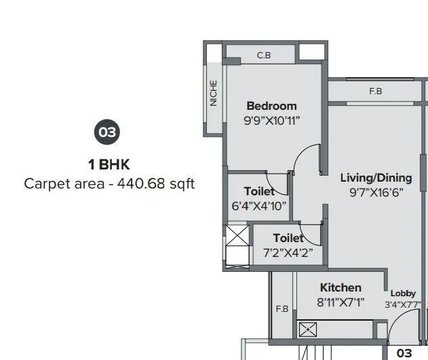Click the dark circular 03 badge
(108, 132)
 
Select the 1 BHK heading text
(109, 164)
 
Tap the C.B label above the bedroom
(264, 55)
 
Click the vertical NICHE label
(214, 94)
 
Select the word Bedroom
(271, 106)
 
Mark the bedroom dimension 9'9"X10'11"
(271, 121)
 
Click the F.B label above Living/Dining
(375, 91)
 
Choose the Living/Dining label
(376, 178)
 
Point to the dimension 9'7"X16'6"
(376, 193)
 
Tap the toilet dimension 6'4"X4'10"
(259, 206)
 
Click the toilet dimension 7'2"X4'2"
(288, 253)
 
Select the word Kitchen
(341, 287)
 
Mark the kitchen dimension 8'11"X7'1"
(341, 302)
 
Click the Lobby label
(403, 294)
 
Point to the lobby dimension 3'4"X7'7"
(403, 305)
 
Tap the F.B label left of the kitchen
(282, 309)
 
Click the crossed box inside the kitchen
(307, 330)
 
